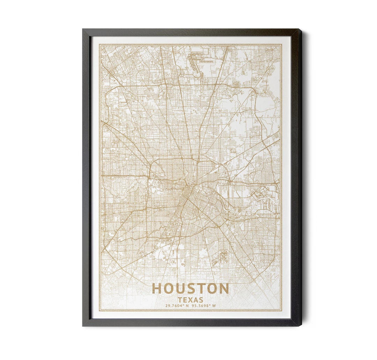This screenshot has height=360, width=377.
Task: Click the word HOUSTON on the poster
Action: click(190, 289)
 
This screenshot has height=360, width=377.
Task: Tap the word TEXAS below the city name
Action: click(190, 300)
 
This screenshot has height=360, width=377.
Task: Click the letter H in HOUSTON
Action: click(157, 289)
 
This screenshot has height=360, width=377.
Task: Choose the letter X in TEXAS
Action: click(191, 300)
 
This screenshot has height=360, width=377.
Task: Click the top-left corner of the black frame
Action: click(83, 29)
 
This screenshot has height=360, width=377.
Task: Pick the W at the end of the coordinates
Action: click(214, 306)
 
